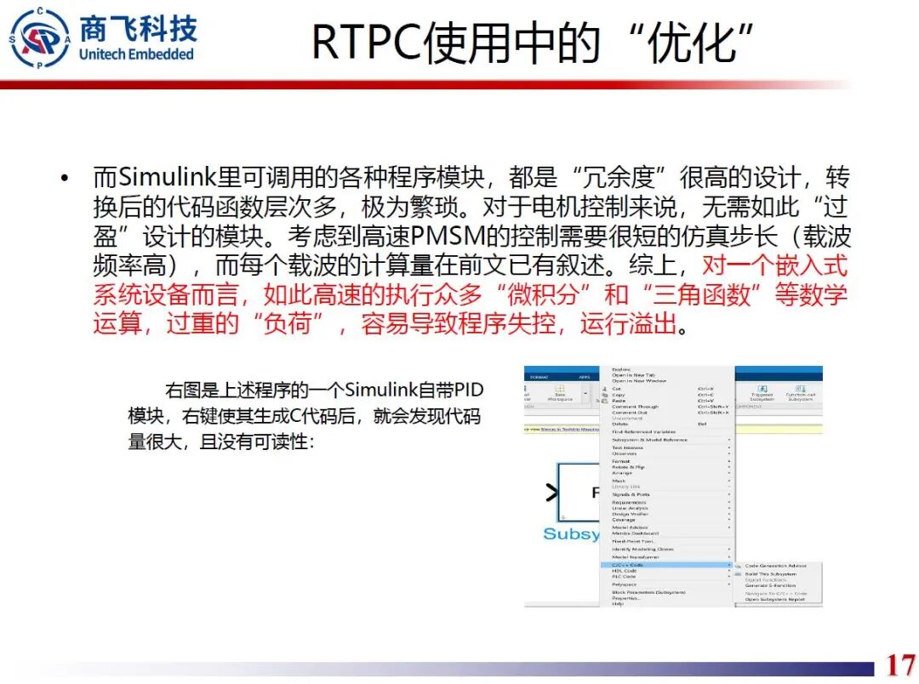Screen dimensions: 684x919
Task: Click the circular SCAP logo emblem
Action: [x=40, y=37]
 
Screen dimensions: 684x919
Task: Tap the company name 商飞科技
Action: [x=137, y=28]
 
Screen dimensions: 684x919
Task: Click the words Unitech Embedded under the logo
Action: [x=136, y=54]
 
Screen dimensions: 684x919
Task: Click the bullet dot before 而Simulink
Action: [x=64, y=179]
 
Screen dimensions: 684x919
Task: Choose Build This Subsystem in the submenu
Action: [x=770, y=574]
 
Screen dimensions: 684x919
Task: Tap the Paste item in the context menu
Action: [x=619, y=401]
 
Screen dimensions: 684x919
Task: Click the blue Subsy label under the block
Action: [x=571, y=533]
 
